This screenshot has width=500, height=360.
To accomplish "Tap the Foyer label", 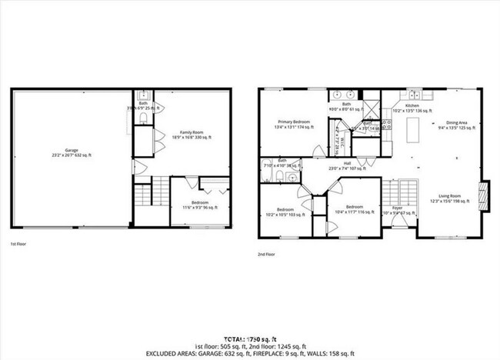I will (x=397, y=210).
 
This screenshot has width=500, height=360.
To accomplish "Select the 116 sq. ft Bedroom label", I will (x=354, y=208).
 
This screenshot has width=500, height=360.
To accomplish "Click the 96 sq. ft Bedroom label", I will (x=199, y=205).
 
